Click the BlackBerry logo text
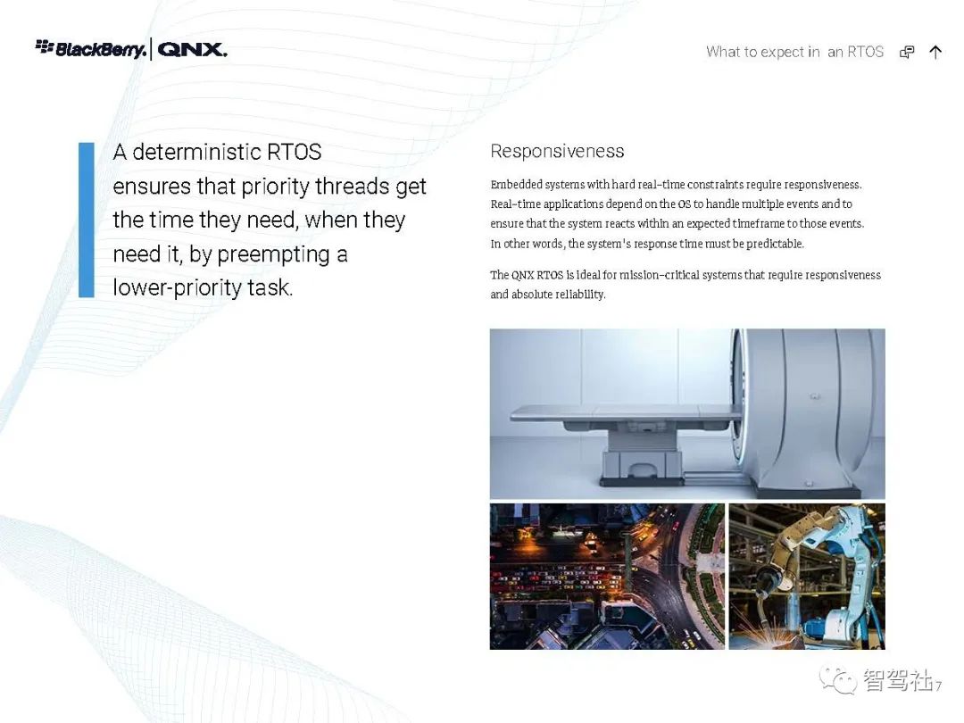[x=101, y=49]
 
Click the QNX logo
[x=193, y=50]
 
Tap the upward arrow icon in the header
[x=935, y=53]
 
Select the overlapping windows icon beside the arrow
[x=907, y=53]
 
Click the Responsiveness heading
[x=557, y=151]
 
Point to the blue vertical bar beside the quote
[x=87, y=220]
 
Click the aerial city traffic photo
[x=608, y=577]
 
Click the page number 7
[x=939, y=686]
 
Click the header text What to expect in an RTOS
[x=794, y=53]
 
